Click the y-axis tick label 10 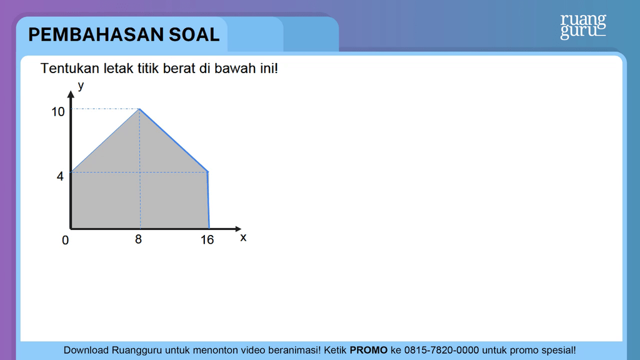click(58, 112)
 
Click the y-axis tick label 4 click(60, 176)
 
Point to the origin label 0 click(65, 241)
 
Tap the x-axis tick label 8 click(138, 239)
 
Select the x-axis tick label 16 click(207, 239)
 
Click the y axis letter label click(81, 86)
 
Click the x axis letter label click(243, 237)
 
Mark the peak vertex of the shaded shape click(139, 109)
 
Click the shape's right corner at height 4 click(208, 172)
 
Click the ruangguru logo click(583, 26)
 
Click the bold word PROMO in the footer click(369, 350)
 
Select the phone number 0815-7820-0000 click(442, 350)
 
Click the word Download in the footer click(86, 350)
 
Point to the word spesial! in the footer click(559, 350)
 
